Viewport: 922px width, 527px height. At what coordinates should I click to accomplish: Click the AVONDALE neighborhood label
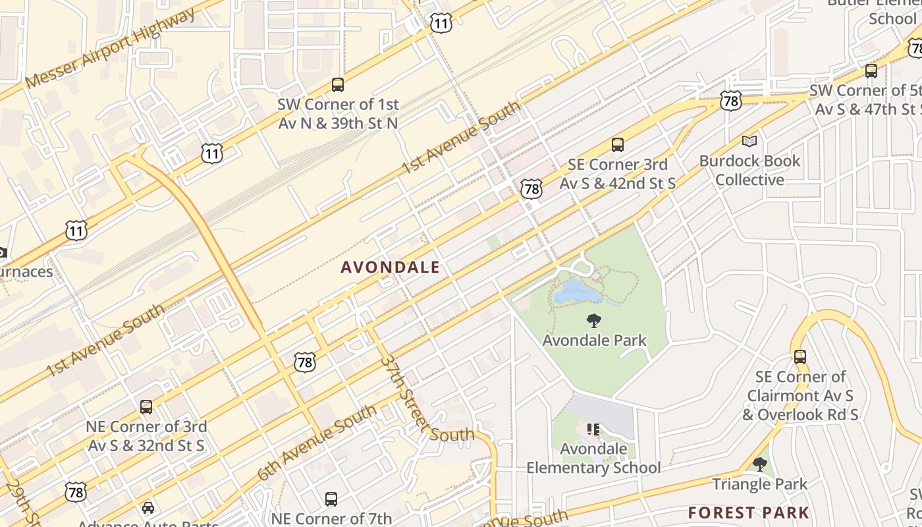(x=390, y=267)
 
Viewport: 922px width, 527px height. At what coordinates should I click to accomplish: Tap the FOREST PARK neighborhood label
(x=749, y=513)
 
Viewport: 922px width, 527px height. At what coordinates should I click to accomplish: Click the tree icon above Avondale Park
(x=594, y=321)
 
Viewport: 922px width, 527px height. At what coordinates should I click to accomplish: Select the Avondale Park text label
(x=594, y=341)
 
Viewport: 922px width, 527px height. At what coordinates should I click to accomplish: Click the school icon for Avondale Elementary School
(x=593, y=430)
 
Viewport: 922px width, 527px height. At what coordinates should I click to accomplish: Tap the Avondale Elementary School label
(x=593, y=458)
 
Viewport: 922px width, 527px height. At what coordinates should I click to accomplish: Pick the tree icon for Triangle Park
(x=759, y=464)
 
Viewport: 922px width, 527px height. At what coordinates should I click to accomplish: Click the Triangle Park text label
(x=759, y=484)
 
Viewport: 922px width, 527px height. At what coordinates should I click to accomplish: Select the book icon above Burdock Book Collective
(x=749, y=141)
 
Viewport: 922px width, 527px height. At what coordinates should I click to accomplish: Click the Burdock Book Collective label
(x=750, y=170)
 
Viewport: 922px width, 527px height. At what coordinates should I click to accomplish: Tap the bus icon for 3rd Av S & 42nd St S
(x=617, y=145)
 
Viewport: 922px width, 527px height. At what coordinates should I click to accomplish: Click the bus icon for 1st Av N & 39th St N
(x=338, y=85)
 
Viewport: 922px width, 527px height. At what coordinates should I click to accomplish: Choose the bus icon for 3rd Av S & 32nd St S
(x=146, y=407)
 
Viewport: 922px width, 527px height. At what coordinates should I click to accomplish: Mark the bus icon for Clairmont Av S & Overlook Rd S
(x=800, y=357)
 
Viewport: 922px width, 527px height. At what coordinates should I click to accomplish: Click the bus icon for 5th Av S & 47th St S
(x=871, y=71)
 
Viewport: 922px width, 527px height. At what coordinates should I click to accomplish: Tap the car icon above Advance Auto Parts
(x=148, y=507)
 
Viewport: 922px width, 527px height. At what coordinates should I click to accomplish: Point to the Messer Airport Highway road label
(x=111, y=48)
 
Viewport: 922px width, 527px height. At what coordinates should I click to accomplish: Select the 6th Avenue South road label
(x=317, y=443)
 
